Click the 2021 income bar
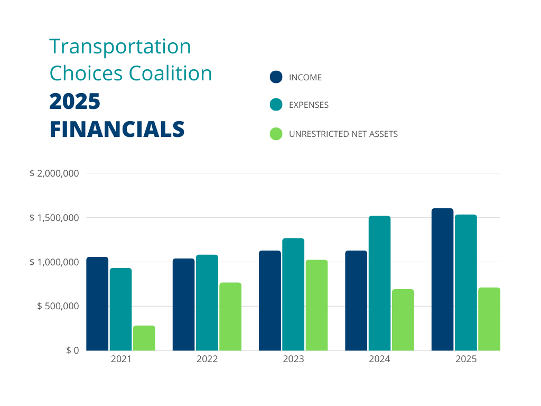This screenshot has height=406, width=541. point(97,303)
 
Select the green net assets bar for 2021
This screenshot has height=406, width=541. point(144,338)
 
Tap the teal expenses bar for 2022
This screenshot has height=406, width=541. point(207,302)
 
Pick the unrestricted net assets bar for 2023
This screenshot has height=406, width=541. point(316,305)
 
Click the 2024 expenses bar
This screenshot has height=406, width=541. point(379,283)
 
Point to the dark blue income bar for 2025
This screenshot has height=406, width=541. point(442,279)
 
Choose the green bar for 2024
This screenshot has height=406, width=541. point(403,320)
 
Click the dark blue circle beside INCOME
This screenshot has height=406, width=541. point(276,77)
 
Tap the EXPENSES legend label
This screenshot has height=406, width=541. point(309,105)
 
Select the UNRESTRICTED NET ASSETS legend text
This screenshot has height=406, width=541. point(343,134)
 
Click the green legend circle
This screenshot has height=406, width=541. point(276,134)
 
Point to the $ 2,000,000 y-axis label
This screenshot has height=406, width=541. point(54,173)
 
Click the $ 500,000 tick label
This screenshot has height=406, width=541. point(58,306)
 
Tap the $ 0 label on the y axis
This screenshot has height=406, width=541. point(72,350)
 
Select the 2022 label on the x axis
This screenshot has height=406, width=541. point(207,359)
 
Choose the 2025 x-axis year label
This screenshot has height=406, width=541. point(466,359)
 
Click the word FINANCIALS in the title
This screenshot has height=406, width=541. point(117,130)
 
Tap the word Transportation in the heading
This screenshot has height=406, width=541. point(120,47)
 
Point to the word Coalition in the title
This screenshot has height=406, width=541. point(171,73)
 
